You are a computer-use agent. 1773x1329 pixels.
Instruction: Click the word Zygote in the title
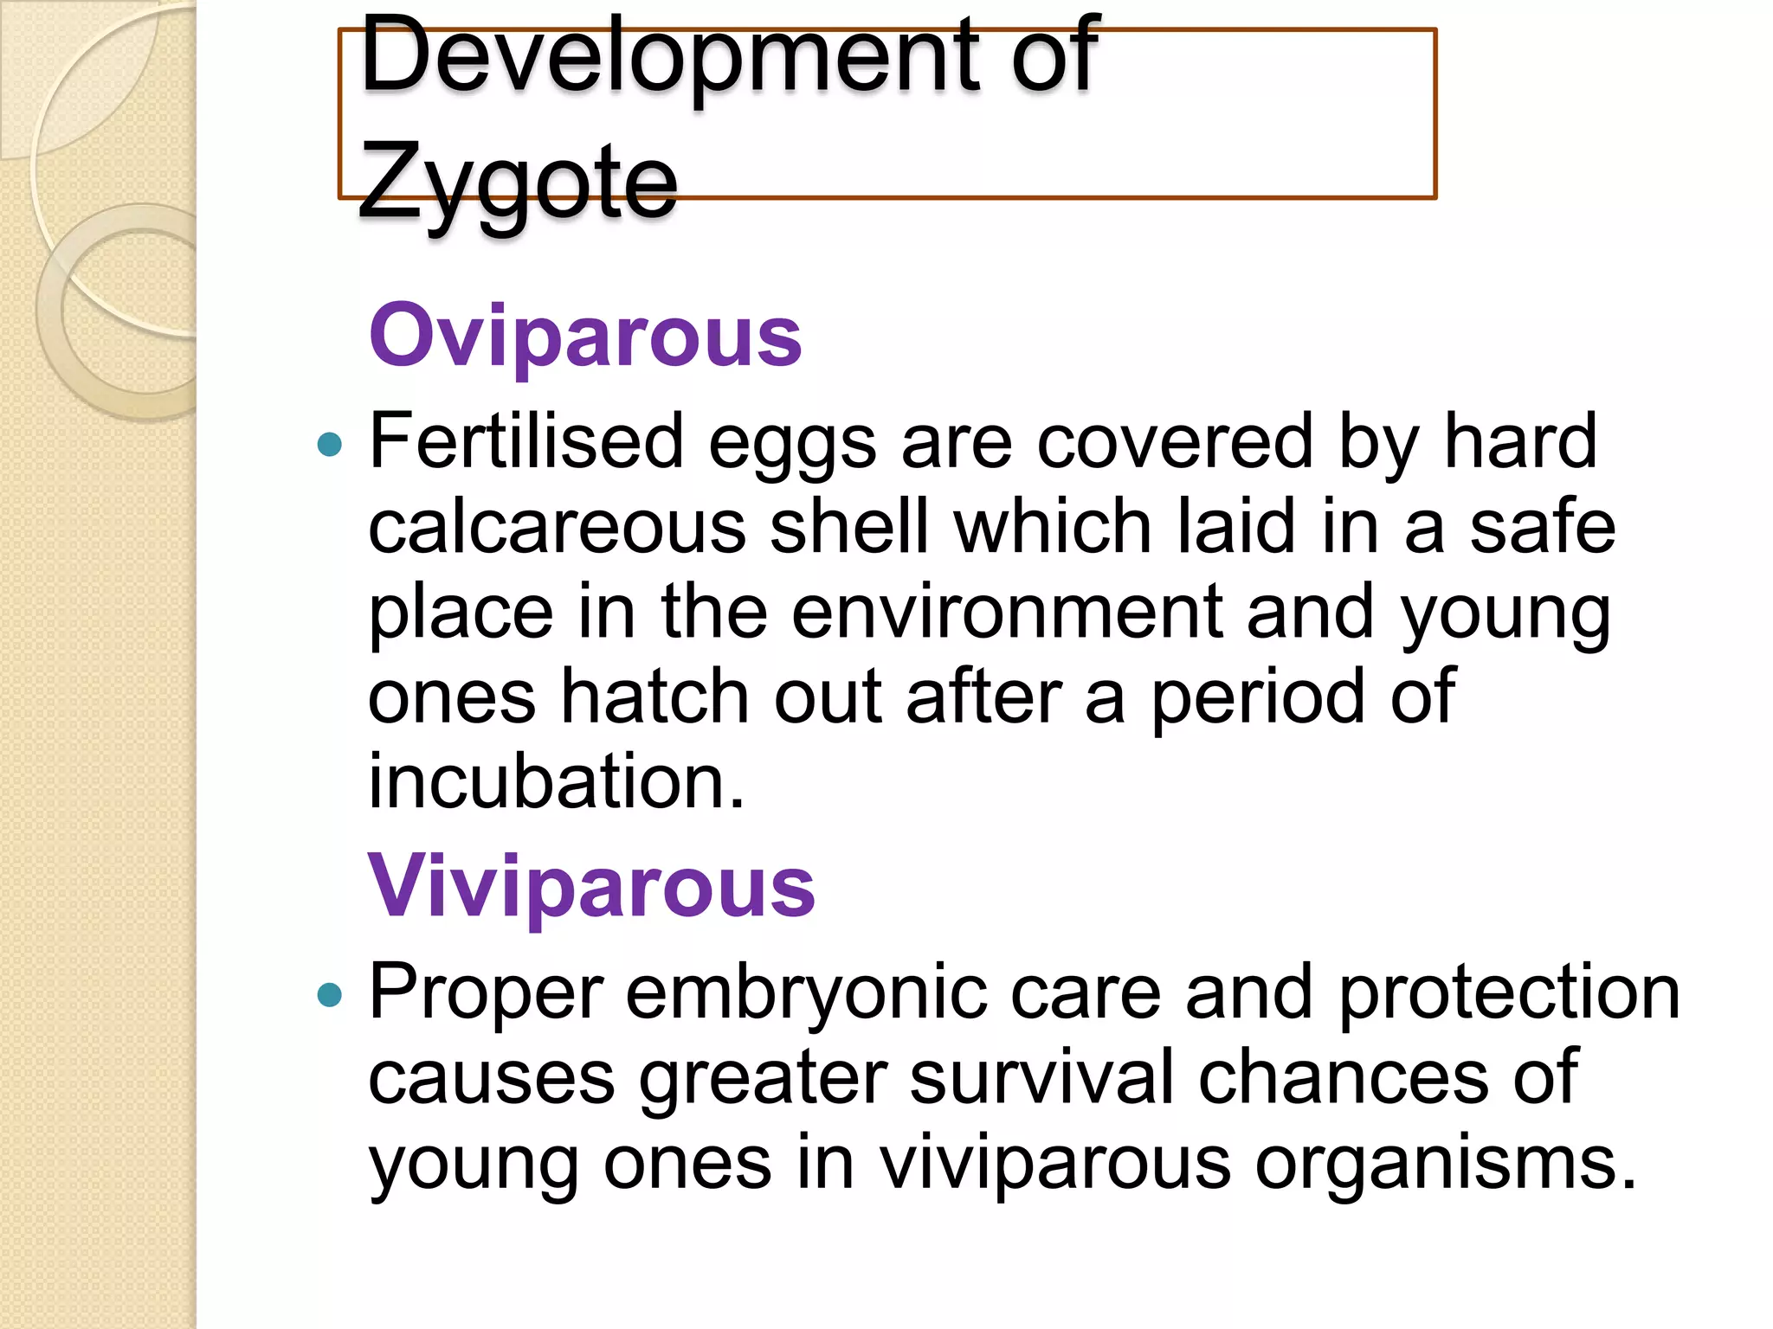click(517, 181)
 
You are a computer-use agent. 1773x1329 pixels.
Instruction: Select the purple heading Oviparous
click(585, 336)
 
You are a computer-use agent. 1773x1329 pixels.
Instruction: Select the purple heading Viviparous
click(591, 886)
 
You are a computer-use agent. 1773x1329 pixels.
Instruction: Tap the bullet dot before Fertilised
click(330, 445)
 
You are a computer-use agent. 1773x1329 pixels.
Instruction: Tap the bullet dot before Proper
click(330, 995)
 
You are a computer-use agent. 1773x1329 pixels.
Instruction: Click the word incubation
click(555, 780)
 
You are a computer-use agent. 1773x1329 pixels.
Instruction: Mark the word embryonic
click(806, 992)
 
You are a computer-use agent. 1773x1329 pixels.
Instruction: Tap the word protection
click(1509, 992)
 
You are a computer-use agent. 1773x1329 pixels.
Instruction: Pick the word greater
click(763, 1078)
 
